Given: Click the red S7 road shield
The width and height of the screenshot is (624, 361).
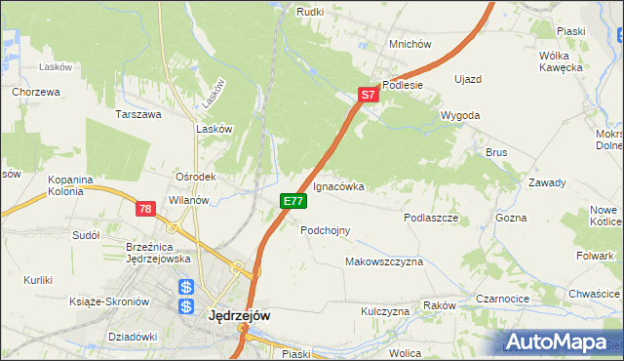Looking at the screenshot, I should (x=367, y=96).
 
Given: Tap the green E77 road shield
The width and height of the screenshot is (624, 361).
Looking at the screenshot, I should (x=293, y=201).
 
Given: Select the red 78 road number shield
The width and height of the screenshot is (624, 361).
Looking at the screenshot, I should (x=145, y=209).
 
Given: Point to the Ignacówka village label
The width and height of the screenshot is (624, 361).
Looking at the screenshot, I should (x=338, y=185).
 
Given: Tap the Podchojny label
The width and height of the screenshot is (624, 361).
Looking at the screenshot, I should (x=326, y=230).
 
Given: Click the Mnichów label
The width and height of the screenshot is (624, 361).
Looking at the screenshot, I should (x=409, y=44).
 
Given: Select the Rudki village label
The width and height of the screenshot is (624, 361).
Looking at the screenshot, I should (x=310, y=12).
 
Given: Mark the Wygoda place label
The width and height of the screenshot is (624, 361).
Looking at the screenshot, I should (x=460, y=115).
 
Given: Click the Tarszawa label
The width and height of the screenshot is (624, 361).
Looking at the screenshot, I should (x=137, y=114).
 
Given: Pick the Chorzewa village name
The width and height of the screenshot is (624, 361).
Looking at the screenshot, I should (x=37, y=92).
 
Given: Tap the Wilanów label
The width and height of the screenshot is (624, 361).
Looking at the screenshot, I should (x=189, y=200).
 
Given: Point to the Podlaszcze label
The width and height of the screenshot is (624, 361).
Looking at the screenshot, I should (x=431, y=219).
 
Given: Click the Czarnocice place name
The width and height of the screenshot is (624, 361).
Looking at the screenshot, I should (x=502, y=300).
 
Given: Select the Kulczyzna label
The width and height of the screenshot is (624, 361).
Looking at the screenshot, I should (x=385, y=311).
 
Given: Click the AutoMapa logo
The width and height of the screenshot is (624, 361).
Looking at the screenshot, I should (x=558, y=341).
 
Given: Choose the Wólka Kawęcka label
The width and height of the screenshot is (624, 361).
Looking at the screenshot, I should (x=561, y=61).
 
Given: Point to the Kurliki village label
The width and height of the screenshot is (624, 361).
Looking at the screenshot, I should (x=38, y=281).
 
